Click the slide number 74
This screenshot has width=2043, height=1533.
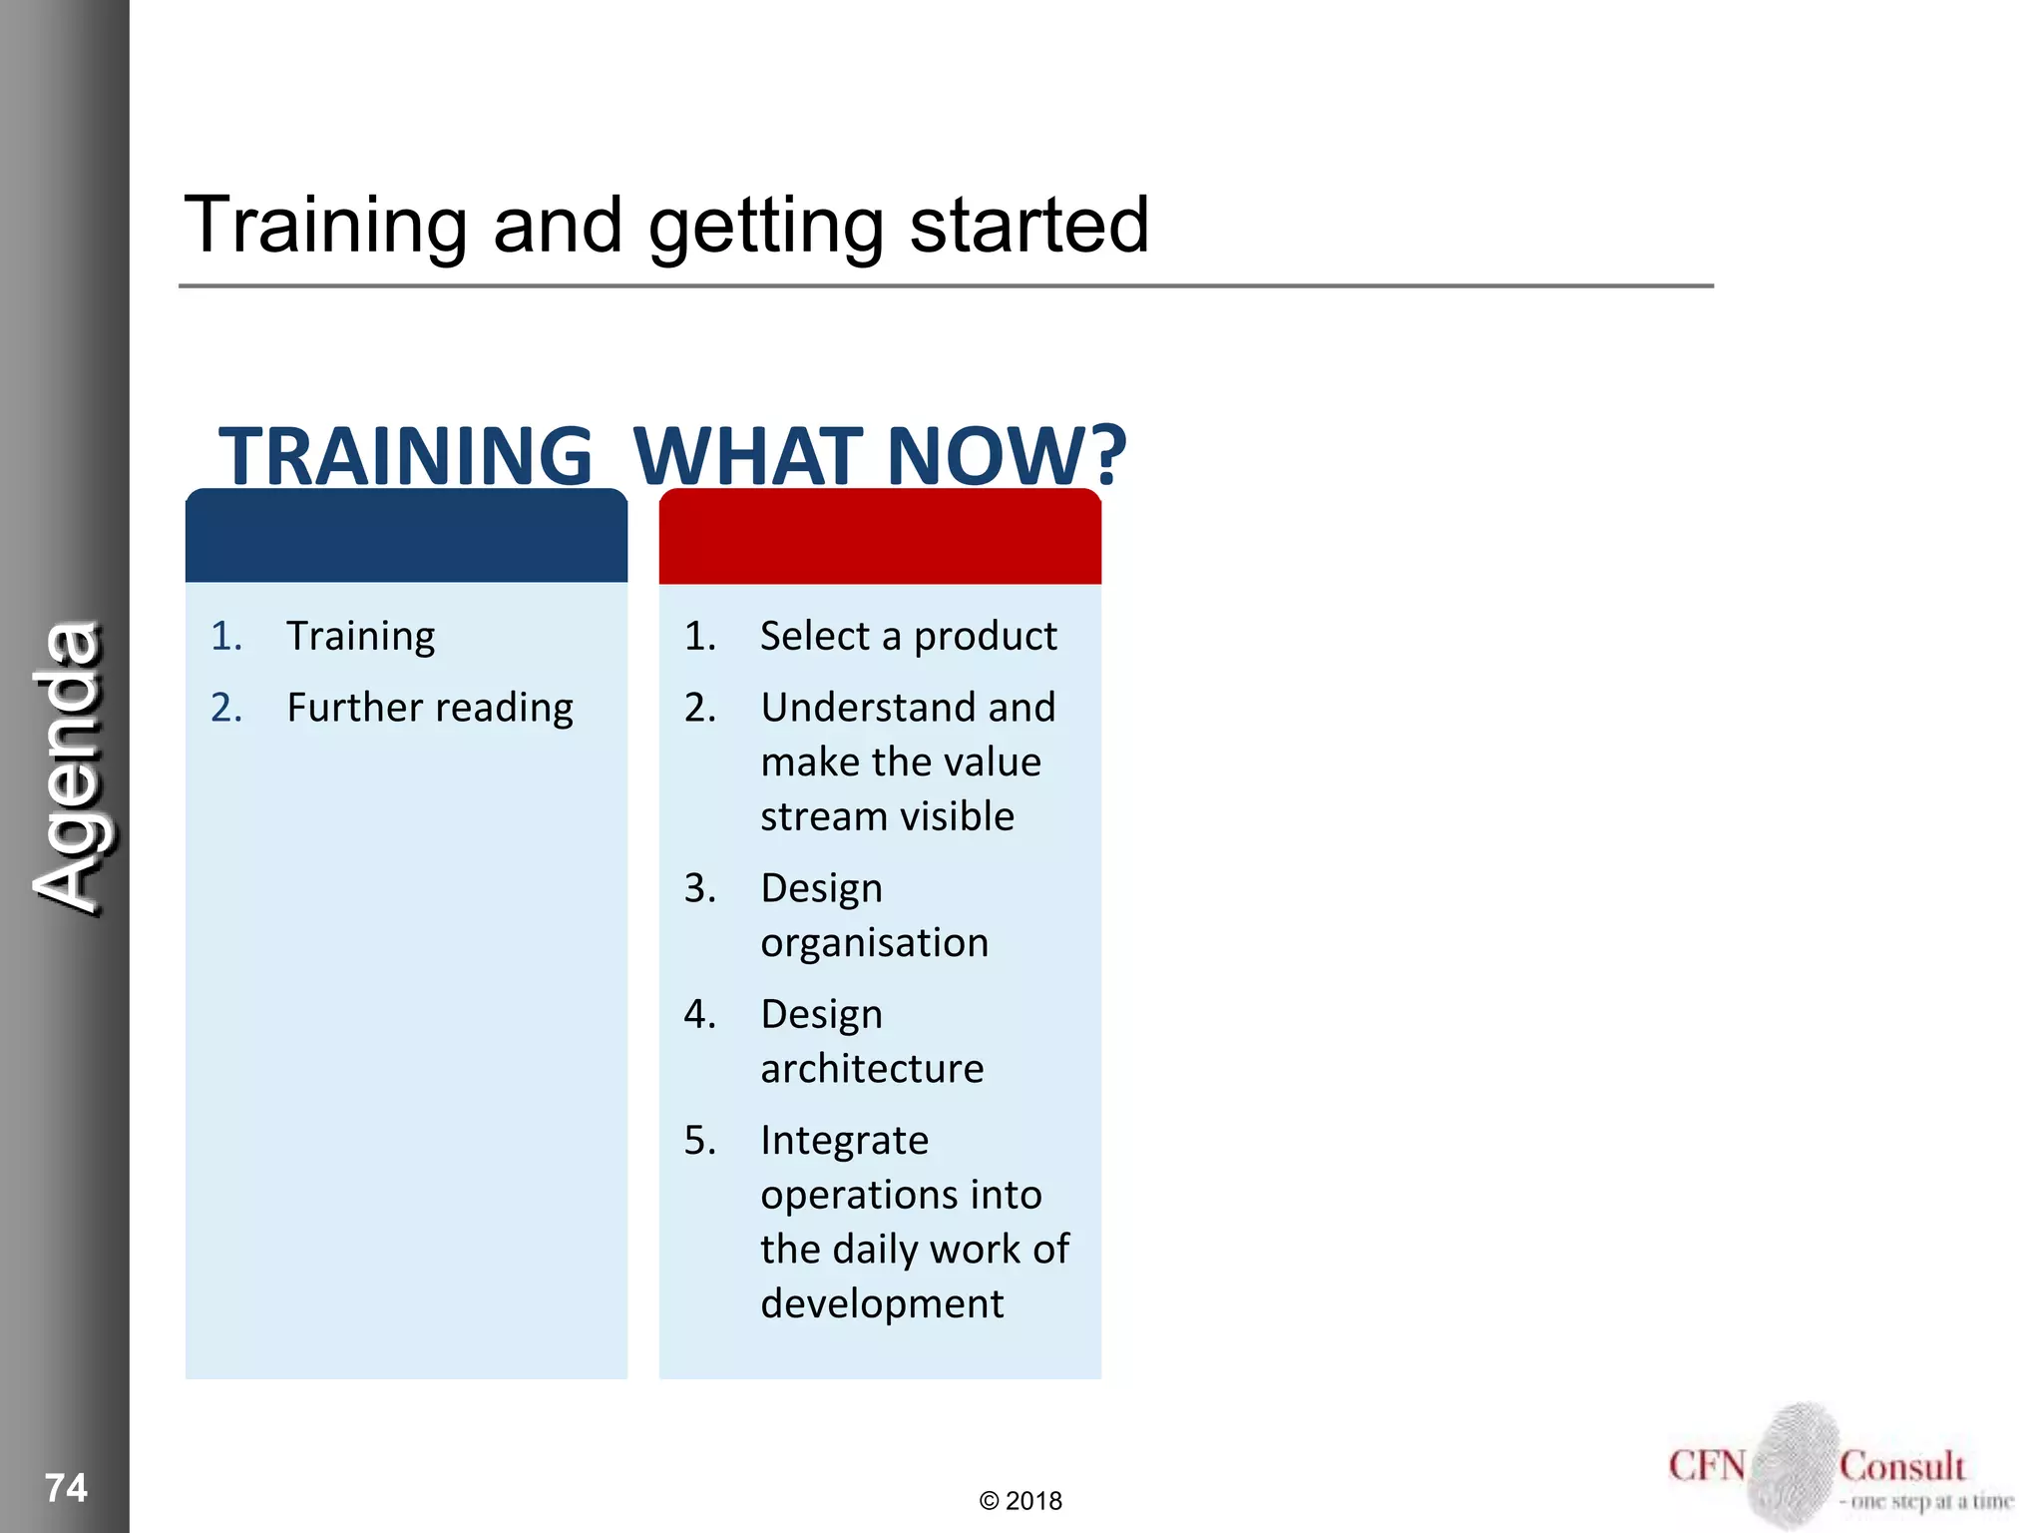[x=66, y=1487]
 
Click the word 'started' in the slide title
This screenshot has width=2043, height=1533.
[x=1028, y=225]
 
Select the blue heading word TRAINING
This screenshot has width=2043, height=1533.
[x=405, y=456]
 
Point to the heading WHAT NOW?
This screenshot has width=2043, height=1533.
[x=880, y=456]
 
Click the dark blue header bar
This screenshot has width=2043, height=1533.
[x=406, y=537]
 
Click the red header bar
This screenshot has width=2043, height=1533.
[x=880, y=537]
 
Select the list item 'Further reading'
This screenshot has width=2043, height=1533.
[x=430, y=708]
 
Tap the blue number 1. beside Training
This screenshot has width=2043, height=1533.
[x=226, y=636]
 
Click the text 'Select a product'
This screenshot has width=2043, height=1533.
[x=908, y=636]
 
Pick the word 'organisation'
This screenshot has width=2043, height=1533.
[x=874, y=943]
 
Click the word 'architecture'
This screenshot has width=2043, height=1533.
[x=872, y=1069]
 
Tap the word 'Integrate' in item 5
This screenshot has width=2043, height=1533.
[x=844, y=1140]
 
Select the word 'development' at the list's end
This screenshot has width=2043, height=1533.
[x=882, y=1303]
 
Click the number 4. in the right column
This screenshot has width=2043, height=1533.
[x=699, y=1014]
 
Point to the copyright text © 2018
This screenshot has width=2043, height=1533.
[x=1021, y=1501]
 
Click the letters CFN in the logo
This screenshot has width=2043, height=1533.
[x=1706, y=1466]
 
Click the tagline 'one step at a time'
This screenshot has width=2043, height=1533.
[x=1931, y=1501]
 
